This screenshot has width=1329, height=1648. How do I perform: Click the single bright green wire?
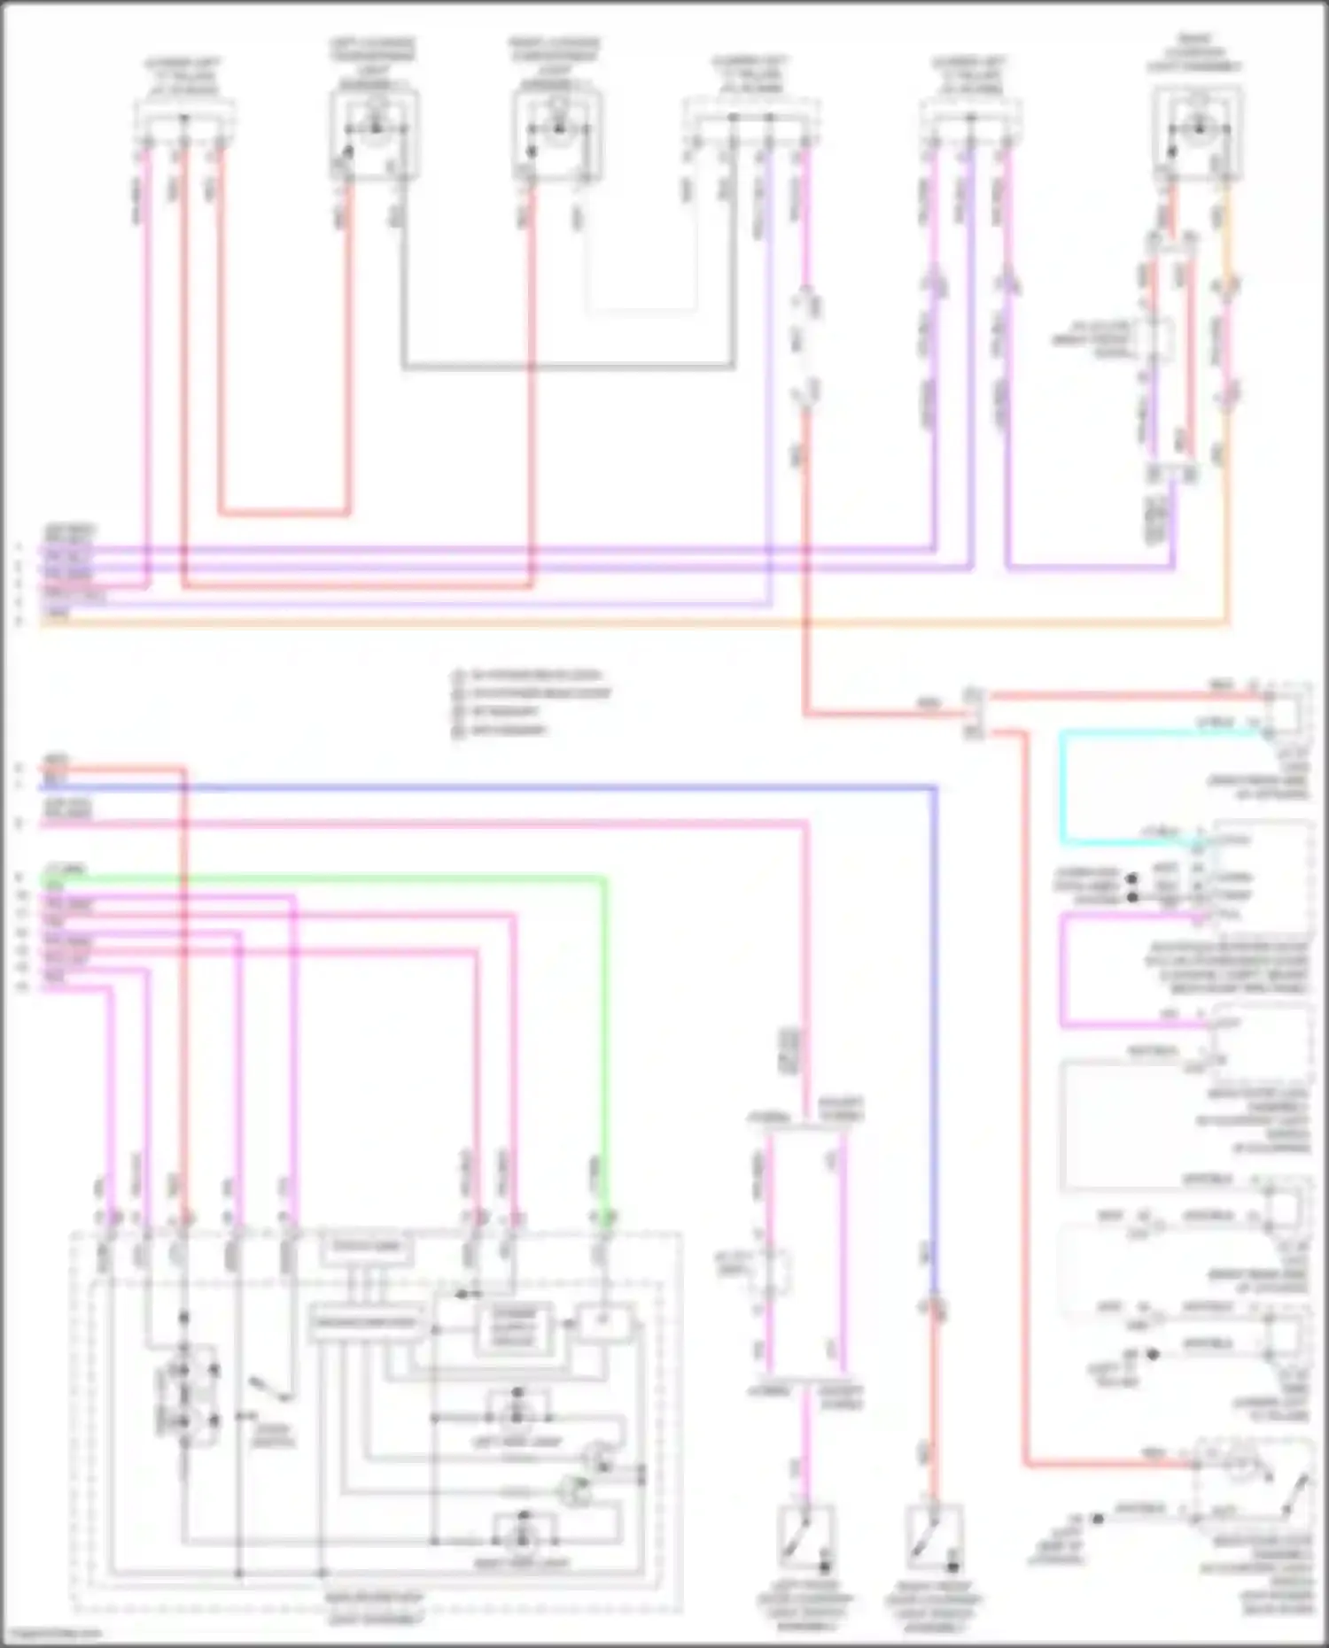354,878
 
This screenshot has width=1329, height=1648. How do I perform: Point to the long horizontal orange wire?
620,623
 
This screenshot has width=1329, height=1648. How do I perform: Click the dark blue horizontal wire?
532,786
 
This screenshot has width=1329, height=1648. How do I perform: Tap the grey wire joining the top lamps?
567,366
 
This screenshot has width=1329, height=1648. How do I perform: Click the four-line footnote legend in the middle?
532,702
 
